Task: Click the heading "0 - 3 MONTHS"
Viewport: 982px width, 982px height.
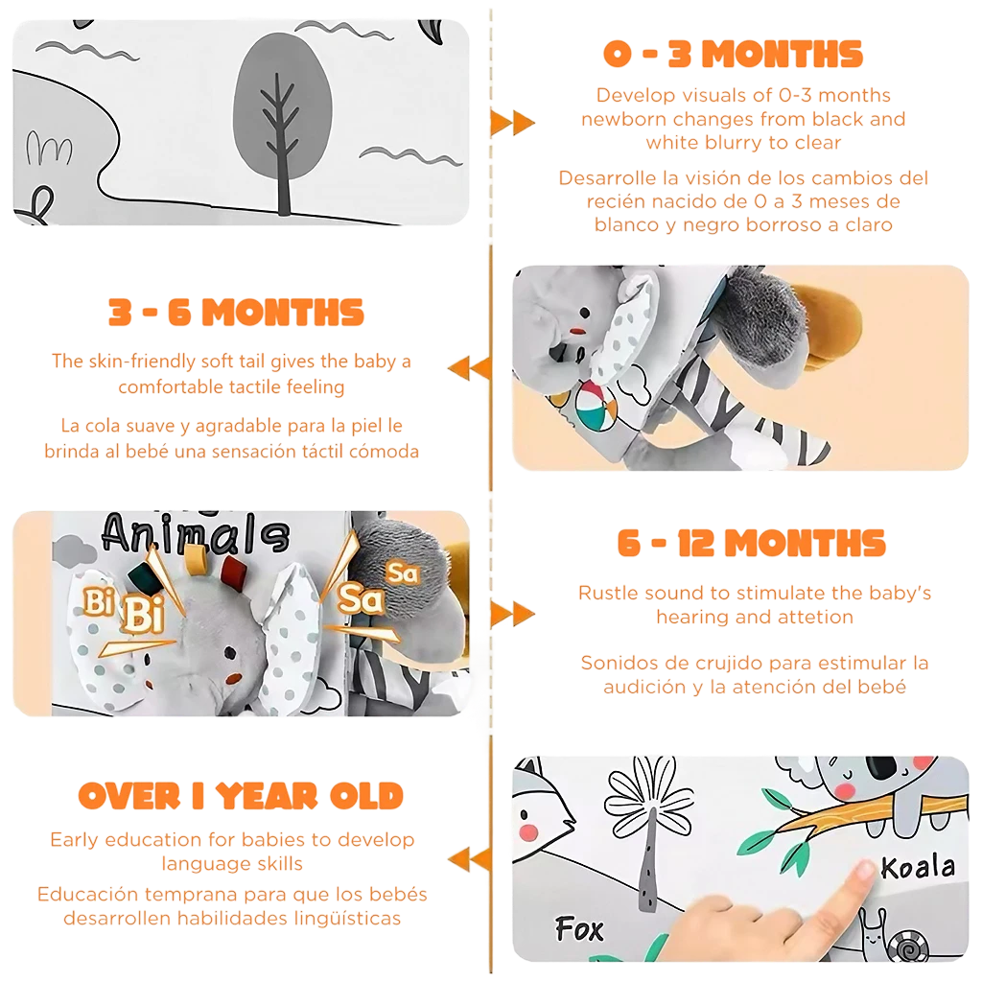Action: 733,54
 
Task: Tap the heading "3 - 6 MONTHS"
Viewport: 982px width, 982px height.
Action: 236,312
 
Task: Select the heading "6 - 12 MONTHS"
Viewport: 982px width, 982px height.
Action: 752,543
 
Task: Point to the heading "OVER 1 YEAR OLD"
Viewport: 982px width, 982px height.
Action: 241,796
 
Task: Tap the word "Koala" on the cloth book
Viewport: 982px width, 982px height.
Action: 918,867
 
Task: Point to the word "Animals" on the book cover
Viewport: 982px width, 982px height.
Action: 196,533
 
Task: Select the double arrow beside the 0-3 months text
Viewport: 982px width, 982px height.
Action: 512,122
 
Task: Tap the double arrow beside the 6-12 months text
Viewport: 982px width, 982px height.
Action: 512,614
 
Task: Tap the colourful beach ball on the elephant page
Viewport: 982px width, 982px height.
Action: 596,407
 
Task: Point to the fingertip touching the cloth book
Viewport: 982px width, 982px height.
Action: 866,869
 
